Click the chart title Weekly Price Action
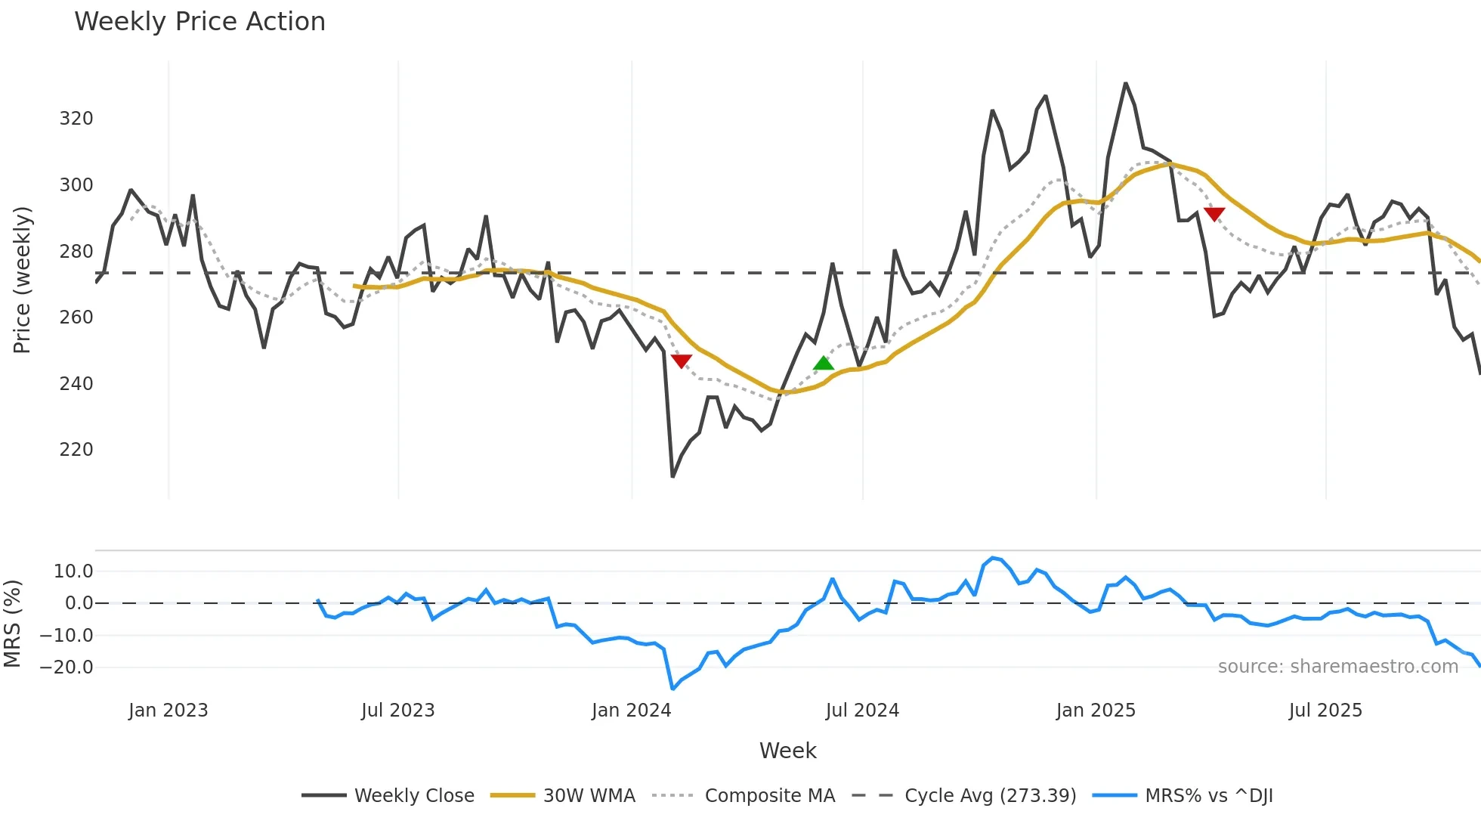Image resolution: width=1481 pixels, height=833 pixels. (x=199, y=22)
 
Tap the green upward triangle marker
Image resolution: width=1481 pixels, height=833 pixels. (x=824, y=364)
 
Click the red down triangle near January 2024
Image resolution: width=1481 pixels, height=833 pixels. (x=681, y=361)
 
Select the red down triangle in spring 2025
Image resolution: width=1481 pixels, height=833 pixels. (x=1214, y=215)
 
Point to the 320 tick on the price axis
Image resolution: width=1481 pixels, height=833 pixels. (x=76, y=119)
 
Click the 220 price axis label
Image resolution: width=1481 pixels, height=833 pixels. (x=76, y=450)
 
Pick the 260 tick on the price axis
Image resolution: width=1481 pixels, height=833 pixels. (x=76, y=317)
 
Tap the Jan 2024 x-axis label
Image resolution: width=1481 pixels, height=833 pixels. (x=631, y=711)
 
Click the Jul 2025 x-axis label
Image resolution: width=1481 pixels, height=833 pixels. (x=1325, y=711)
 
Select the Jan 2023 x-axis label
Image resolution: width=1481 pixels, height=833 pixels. (x=168, y=711)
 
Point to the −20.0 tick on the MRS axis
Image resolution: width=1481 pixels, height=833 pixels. (x=66, y=667)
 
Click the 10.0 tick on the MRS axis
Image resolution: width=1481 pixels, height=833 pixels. (x=73, y=571)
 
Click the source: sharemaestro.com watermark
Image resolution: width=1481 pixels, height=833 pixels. (x=1337, y=667)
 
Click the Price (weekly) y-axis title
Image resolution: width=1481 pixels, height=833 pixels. (x=22, y=280)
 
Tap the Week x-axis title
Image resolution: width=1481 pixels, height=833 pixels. (x=787, y=751)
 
